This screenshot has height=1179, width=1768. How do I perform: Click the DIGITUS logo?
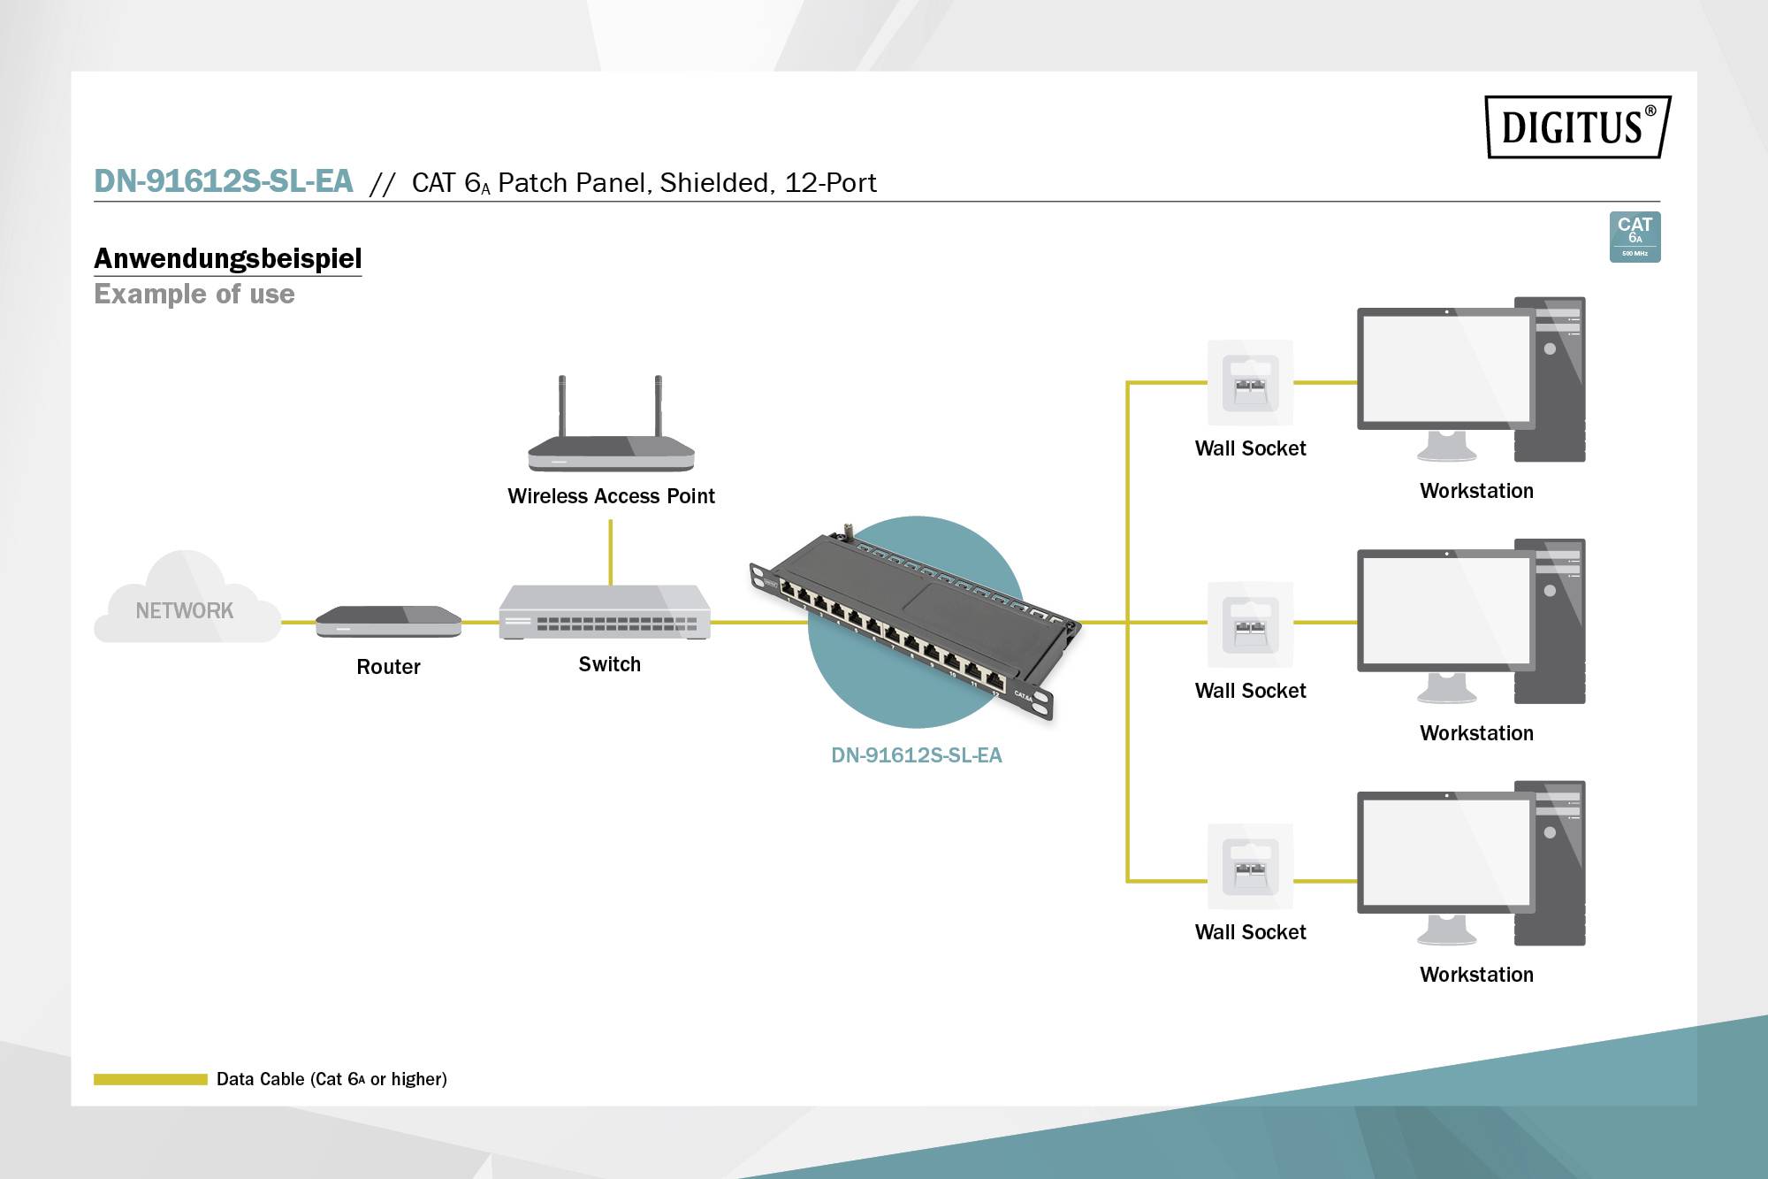coord(1577,127)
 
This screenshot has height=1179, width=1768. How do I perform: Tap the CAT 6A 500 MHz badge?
coord(1635,236)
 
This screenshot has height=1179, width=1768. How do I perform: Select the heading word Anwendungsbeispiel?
coord(227,258)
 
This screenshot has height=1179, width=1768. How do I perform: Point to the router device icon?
coord(388,621)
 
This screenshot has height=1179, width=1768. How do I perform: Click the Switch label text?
coord(609,664)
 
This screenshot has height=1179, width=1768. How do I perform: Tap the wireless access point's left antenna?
coord(561,407)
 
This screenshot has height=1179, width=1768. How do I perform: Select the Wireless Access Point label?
coord(611,496)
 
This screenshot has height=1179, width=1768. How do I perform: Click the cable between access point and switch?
coord(611,552)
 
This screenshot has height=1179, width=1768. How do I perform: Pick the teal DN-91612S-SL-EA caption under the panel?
coord(916,755)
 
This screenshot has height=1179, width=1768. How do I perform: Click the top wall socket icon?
coord(1250,383)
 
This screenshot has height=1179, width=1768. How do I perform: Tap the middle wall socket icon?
coord(1250,624)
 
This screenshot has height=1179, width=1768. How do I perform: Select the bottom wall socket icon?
coord(1250,867)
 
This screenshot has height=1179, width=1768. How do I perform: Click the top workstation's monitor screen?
coord(1444,369)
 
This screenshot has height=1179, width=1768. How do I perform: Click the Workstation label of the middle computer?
coord(1476,733)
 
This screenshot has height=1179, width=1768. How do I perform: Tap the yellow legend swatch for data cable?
coord(150,1079)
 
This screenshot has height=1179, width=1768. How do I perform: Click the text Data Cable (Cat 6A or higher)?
coord(331,1079)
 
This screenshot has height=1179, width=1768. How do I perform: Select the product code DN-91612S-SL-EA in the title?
coord(223,181)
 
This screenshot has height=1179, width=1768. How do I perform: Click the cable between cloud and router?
coord(298,622)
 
